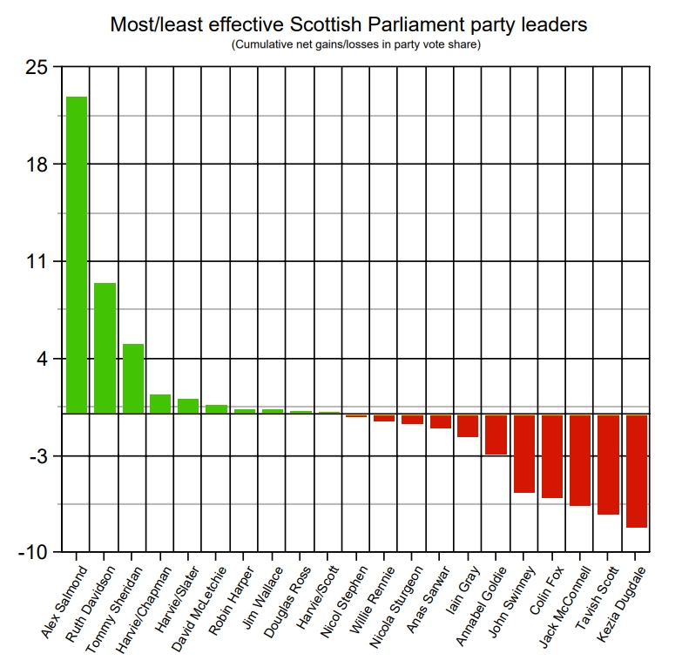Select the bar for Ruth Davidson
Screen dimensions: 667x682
[x=105, y=347]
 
